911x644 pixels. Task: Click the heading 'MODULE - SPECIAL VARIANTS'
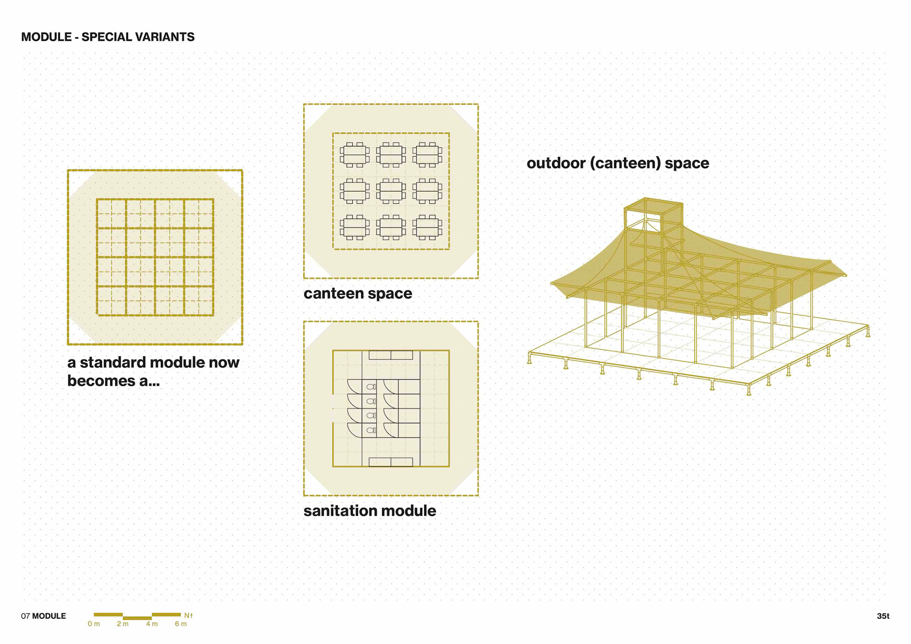pyautogui.click(x=108, y=37)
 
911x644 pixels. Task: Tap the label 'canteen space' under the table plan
pyautogui.click(x=358, y=293)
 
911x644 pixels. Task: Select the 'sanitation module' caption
pyautogui.click(x=370, y=511)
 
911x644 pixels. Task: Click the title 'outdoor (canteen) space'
pyautogui.click(x=618, y=163)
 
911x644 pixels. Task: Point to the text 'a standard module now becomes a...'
pyautogui.click(x=153, y=371)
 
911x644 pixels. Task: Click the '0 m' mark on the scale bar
pyautogui.click(x=93, y=624)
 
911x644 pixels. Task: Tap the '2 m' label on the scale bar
pyautogui.click(x=122, y=624)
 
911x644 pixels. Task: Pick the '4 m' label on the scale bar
pyautogui.click(x=152, y=624)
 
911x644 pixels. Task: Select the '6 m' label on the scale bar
pyautogui.click(x=181, y=624)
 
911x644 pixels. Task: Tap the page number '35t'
pyautogui.click(x=883, y=616)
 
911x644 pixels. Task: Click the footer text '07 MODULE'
pyautogui.click(x=44, y=616)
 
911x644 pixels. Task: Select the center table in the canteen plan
pyautogui.click(x=391, y=191)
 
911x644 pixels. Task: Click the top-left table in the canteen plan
pyautogui.click(x=354, y=155)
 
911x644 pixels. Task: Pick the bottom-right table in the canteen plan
pyautogui.click(x=427, y=227)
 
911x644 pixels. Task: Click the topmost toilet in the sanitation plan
pyautogui.click(x=371, y=387)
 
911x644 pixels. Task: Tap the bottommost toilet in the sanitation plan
pyautogui.click(x=371, y=430)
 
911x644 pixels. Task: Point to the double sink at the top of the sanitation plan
pyautogui.click(x=391, y=355)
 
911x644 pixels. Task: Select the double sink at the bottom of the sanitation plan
pyautogui.click(x=391, y=462)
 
